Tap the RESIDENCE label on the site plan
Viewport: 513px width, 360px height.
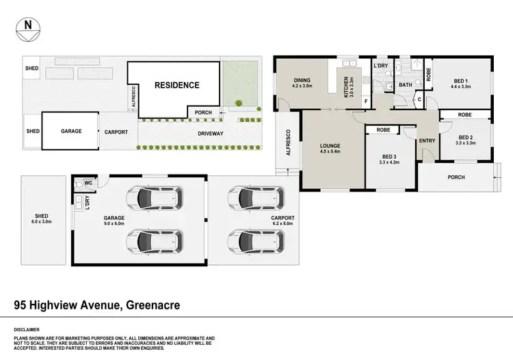176,86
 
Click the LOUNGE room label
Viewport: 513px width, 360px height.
330,146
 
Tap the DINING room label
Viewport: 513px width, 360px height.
302,80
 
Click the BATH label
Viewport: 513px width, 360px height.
406,86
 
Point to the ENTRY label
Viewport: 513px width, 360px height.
427,141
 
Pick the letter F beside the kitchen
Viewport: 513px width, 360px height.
366,102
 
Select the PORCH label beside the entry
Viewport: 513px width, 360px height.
456,177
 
